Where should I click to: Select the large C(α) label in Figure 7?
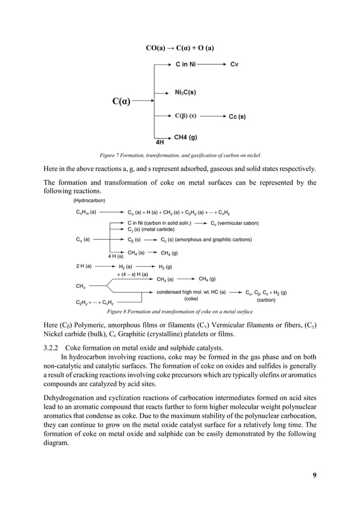pyautogui.click(x=121, y=102)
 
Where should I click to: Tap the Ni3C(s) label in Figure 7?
pyautogui.click(x=185, y=92)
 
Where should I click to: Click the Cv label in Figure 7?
pyautogui.click(x=234, y=64)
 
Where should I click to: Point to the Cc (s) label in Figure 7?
pyautogui.click(x=237, y=117)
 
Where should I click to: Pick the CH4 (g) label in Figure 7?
pyautogui.click(x=185, y=137)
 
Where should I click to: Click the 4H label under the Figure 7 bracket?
pyautogui.click(x=160, y=142)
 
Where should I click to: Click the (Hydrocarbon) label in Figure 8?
pyautogui.click(x=89, y=200)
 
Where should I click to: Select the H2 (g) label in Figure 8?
pyautogui.click(x=165, y=266)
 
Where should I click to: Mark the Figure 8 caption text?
pyautogui.click(x=179, y=311)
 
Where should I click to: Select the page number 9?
pyautogui.click(x=314, y=475)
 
